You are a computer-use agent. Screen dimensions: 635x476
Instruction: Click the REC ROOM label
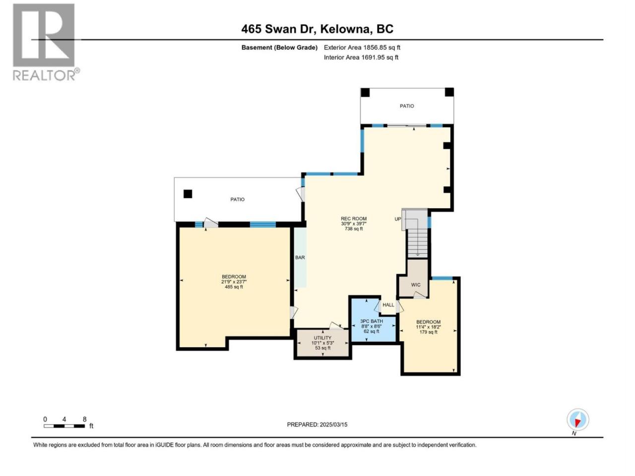(354, 219)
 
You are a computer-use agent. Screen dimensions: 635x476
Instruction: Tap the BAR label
(300, 257)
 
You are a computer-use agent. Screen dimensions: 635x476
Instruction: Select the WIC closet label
(416, 285)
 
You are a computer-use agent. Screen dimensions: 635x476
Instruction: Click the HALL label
(388, 304)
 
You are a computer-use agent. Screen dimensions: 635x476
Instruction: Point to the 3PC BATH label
(372, 321)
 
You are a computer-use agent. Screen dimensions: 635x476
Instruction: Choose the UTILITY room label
(322, 338)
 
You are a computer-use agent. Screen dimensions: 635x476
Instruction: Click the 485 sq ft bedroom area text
(234, 287)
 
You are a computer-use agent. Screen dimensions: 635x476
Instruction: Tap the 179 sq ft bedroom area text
(429, 332)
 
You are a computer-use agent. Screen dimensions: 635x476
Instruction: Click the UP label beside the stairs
(398, 219)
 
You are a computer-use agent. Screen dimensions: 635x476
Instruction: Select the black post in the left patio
(188, 194)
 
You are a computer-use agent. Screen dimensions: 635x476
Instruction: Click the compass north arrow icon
(577, 419)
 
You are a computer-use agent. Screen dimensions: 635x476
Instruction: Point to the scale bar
(64, 426)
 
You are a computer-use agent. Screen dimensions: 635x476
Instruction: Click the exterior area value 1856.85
(374, 48)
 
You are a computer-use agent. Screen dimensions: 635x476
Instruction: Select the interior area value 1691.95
(373, 57)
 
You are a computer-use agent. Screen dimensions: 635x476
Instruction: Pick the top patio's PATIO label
(407, 106)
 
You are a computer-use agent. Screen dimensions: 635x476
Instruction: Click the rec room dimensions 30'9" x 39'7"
(354, 224)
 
